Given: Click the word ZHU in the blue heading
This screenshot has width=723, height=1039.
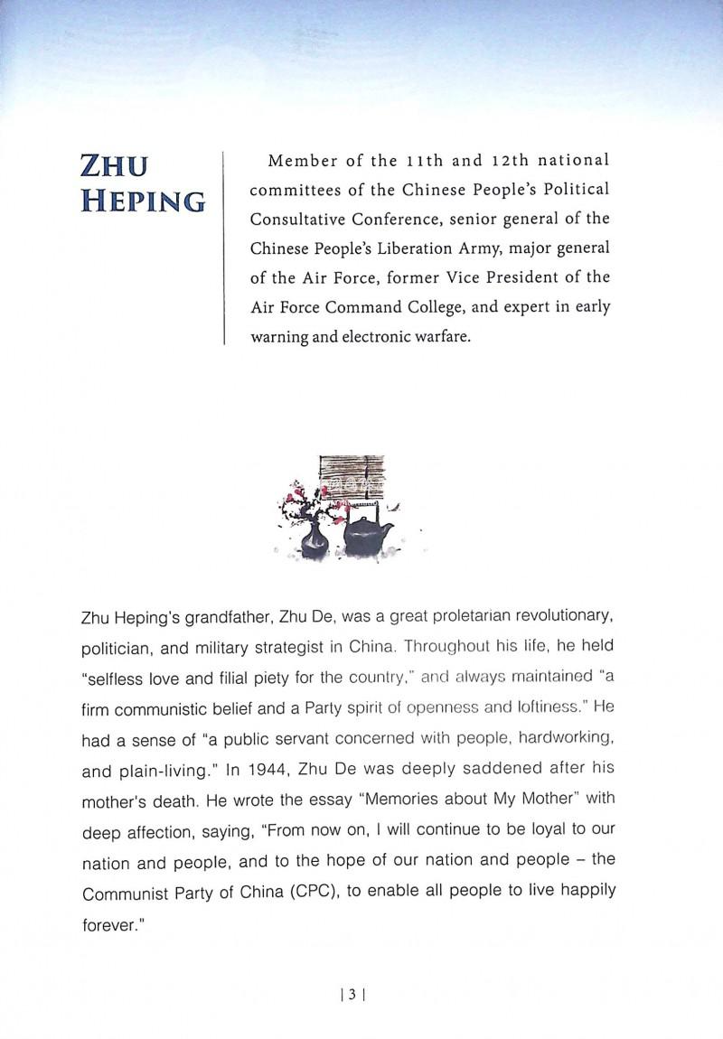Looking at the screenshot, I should pos(114,165).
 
